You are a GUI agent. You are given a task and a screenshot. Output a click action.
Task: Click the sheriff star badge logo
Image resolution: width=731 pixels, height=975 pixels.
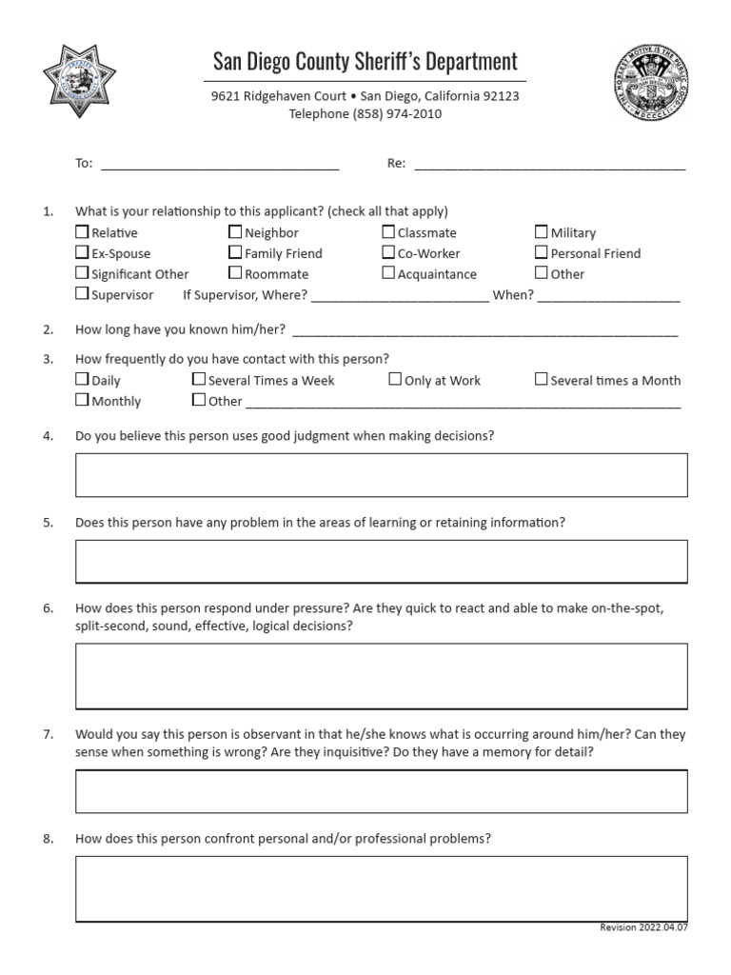pos(80,80)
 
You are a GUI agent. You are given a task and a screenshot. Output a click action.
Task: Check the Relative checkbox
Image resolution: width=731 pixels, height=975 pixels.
pos(82,232)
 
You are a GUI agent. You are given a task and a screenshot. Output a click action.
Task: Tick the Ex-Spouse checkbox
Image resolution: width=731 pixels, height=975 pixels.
pos(82,253)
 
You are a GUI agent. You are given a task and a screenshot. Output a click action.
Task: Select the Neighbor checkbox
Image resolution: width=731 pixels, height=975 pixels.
pos(235,232)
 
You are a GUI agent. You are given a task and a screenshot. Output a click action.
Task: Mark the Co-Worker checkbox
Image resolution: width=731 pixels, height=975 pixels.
pos(388,253)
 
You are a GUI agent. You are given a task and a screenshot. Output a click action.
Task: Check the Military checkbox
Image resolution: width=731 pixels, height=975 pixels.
pos(541,232)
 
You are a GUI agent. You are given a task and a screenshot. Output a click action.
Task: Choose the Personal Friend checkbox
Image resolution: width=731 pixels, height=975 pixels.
pos(541,253)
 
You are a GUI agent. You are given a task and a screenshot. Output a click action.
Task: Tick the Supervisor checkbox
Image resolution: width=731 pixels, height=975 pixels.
pos(82,294)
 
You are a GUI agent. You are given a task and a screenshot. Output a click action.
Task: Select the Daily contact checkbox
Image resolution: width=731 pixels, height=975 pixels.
pos(82,380)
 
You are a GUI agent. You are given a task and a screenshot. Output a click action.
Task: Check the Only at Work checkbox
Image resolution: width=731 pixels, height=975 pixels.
pos(395,380)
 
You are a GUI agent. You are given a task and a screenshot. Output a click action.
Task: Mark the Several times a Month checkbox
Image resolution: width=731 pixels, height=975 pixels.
pos(541,380)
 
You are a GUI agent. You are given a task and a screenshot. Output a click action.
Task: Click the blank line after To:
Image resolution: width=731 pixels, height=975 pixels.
pos(220,165)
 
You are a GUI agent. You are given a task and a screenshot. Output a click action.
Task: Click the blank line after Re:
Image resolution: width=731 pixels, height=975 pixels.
pos(549,165)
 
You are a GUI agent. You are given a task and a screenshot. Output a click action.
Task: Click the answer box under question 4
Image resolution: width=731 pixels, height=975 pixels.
pos(381,475)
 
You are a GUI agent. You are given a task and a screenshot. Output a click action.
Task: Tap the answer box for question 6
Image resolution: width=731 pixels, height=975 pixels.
pos(381,676)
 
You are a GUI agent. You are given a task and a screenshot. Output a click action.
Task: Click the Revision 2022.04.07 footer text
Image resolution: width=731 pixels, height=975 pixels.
pos(642,927)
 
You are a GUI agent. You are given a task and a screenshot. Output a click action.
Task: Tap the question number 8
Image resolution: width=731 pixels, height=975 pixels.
pos(48,839)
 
